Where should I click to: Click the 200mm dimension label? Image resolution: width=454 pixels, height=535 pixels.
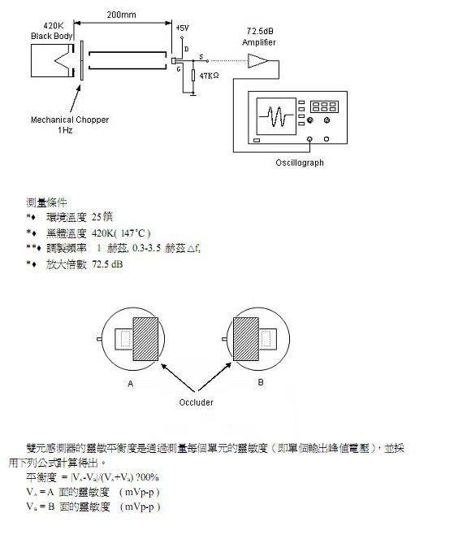click(121, 15)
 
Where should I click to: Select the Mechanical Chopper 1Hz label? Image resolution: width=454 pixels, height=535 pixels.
click(70, 124)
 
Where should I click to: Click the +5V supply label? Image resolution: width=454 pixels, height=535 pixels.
click(181, 28)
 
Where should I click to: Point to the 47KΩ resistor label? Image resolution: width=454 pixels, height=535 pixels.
click(210, 76)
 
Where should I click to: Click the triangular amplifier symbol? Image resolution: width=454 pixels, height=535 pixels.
click(257, 59)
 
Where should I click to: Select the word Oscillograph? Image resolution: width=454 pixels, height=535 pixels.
click(300, 163)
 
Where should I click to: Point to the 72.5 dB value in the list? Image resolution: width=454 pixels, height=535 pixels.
click(107, 264)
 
